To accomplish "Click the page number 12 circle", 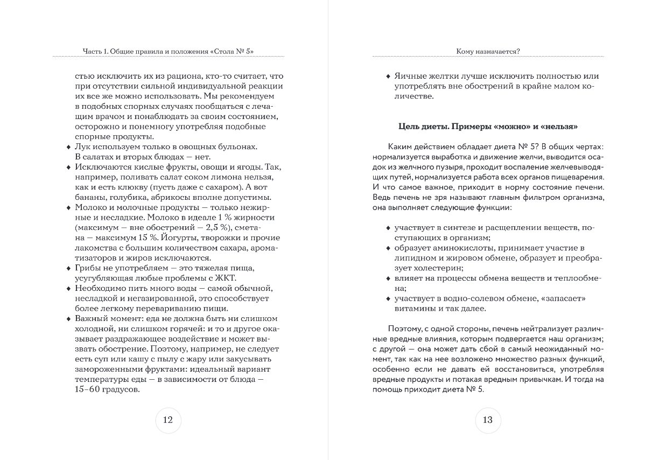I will coord(168,420).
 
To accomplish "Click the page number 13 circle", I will coord(488,420).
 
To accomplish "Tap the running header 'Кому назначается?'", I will coord(488,52).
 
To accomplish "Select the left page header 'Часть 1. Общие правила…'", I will coord(169,52).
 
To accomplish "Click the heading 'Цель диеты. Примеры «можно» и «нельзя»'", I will coord(488,127).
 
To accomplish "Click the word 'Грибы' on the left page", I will coord(88,268).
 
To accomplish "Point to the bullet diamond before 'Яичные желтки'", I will coord(388,76).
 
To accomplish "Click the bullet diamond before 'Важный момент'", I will coord(68,319).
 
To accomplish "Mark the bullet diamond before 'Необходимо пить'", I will coord(68,289).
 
